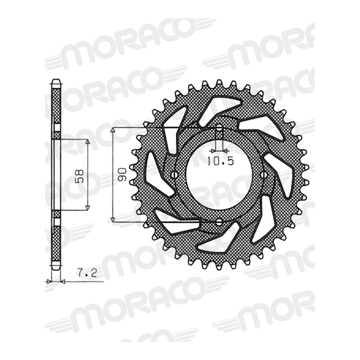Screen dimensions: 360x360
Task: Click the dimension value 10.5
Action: (x=221, y=161)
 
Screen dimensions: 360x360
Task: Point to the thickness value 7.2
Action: (x=86, y=274)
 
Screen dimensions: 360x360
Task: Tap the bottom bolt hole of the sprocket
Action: (x=219, y=222)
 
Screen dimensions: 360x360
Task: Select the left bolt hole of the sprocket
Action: (x=175, y=175)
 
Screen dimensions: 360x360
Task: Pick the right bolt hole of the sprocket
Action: (x=264, y=175)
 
